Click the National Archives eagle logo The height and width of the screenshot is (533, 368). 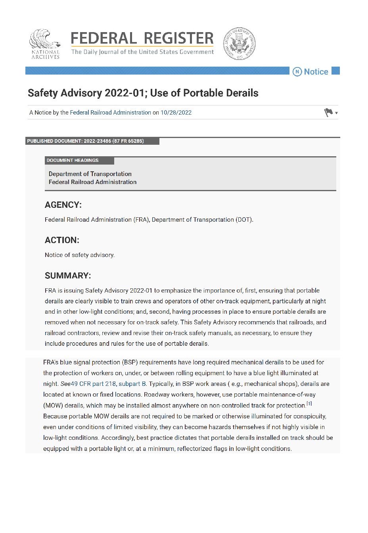(45, 44)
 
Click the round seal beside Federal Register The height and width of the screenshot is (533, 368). (239, 44)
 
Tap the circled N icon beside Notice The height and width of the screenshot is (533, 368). (297, 72)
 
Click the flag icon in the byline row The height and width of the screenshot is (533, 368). (328, 113)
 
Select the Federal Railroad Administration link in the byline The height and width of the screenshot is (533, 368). (110, 113)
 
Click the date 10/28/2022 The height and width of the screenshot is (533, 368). (176, 113)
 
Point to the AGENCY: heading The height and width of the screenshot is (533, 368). (63, 205)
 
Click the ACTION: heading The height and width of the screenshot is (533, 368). (62, 240)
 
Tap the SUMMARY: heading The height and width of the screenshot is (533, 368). (68, 276)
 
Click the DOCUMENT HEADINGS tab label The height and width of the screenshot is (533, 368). (73, 161)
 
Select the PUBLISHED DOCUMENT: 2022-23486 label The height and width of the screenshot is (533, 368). (85, 141)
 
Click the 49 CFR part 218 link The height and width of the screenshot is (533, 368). (93, 384)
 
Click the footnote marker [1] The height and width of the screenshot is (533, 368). (309, 404)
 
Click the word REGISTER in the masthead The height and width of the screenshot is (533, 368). (178, 38)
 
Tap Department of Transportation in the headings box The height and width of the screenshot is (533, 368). (90, 174)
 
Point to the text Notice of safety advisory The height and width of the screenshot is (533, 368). (80, 255)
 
